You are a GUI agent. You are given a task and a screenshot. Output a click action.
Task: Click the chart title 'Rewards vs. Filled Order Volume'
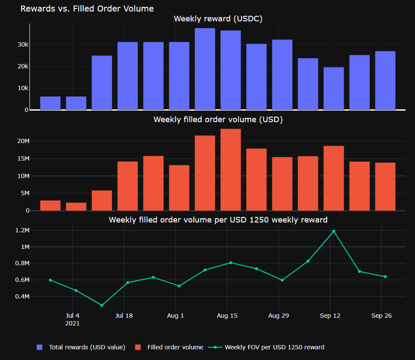(x=87, y=9)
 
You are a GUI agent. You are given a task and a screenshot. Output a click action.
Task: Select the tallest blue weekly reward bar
(x=205, y=69)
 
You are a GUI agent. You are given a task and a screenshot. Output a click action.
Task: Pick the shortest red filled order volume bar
(x=76, y=207)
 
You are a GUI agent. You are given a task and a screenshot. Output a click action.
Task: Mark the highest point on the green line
(x=334, y=231)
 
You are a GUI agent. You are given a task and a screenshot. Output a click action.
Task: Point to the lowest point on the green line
(x=102, y=305)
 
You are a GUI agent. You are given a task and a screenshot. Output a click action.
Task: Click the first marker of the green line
(x=50, y=280)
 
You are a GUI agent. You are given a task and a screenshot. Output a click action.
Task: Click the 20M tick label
(x=24, y=141)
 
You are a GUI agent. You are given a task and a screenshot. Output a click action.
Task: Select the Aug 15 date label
(x=227, y=316)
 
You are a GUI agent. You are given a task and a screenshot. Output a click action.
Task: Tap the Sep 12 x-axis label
(x=330, y=316)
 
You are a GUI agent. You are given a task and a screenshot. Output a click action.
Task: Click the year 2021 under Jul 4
(x=73, y=323)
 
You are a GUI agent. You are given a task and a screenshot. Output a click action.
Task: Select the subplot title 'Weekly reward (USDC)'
(x=218, y=19)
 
